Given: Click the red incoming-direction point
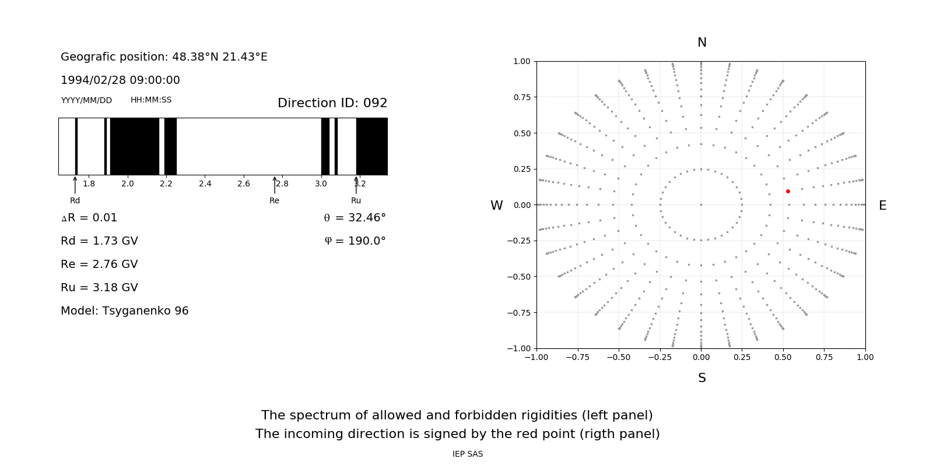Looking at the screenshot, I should pos(788,191).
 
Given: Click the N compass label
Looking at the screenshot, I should pos(702,43).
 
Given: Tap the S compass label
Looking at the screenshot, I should pos(702,378).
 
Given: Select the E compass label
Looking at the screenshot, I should pos(882,206).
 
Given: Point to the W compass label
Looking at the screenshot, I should pos(496,206).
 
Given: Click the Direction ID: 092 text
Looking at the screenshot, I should pos(332,103).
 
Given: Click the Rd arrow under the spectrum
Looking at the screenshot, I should pos(75,185).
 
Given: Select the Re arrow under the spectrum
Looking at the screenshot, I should pos(275,185).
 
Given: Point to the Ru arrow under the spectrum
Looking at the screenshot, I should pos(356,185).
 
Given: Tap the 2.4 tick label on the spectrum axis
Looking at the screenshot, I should pos(205,184).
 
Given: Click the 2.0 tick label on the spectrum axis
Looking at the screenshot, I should pos(127,184).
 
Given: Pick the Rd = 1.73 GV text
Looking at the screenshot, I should pos(99,241).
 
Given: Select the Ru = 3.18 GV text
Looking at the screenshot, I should pos(99,288).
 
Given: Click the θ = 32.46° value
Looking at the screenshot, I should pos(355,218).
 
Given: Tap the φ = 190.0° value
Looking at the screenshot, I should pos(355,241).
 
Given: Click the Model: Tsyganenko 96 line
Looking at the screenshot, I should pos(125,311).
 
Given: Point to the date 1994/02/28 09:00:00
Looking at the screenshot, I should pos(120,80).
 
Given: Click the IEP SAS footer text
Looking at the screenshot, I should pos(468,454).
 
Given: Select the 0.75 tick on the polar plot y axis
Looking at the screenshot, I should pos(521,97).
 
